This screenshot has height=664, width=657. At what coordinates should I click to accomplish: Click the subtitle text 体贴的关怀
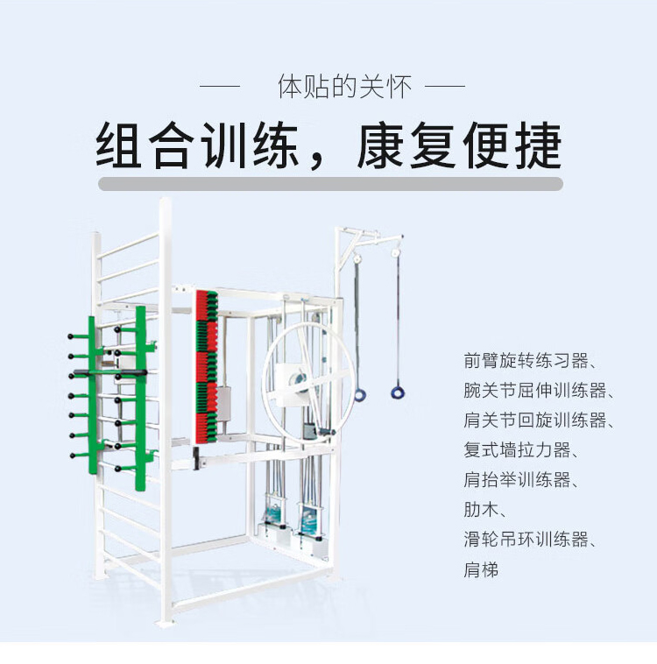pos(332,88)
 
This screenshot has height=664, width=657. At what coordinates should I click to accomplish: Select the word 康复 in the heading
pos(406,145)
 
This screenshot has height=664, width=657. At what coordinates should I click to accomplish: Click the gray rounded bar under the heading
pos(330,184)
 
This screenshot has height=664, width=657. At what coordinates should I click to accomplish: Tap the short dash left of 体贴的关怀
pos(220,88)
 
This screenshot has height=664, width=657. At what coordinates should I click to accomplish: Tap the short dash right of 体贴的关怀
pos(444,88)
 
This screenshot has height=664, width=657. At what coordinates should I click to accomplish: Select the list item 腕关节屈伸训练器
pos(535,390)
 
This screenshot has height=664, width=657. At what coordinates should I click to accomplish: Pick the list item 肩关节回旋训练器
pos(535,420)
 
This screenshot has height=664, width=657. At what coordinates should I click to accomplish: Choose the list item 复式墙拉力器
pos(518,450)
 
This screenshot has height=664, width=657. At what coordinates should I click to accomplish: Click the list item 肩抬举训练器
pos(518,480)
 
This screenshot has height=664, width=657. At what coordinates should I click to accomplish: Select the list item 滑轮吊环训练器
pos(526,540)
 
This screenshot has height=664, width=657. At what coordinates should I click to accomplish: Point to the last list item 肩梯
pos(481,569)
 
